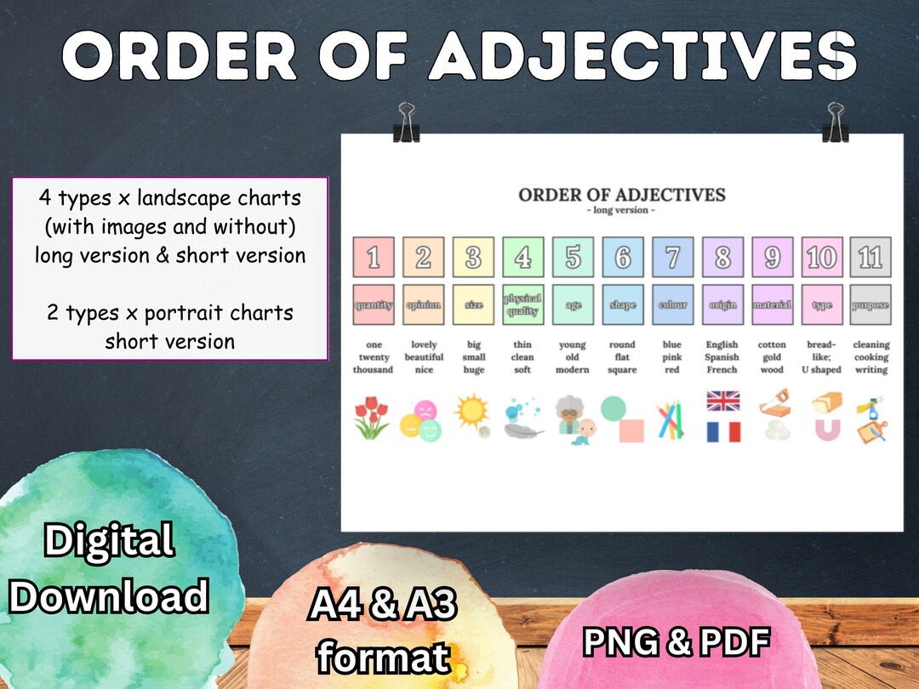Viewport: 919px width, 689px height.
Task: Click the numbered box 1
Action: (x=374, y=257)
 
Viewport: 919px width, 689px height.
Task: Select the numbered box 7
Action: (x=672, y=257)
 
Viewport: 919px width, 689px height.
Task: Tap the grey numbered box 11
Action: (x=870, y=257)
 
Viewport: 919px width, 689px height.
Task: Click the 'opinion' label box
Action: (x=423, y=305)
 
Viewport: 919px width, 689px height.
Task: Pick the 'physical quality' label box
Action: (x=522, y=305)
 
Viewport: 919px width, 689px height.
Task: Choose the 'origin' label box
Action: (x=722, y=305)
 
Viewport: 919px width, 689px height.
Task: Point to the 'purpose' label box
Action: (x=870, y=305)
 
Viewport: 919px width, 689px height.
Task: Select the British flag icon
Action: (x=723, y=401)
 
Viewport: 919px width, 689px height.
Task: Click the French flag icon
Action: (x=723, y=431)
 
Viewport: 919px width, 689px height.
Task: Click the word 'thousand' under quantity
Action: (x=374, y=370)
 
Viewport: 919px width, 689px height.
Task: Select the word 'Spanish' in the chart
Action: (x=722, y=357)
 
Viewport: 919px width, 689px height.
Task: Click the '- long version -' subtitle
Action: (x=622, y=210)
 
